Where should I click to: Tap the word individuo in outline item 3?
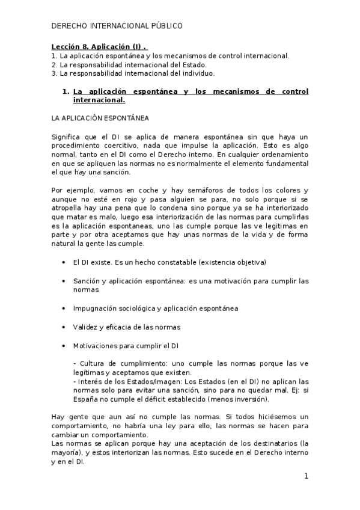pos(199,73)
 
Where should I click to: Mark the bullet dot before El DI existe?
pos(64,263)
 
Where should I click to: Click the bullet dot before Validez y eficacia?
pos(64,327)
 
